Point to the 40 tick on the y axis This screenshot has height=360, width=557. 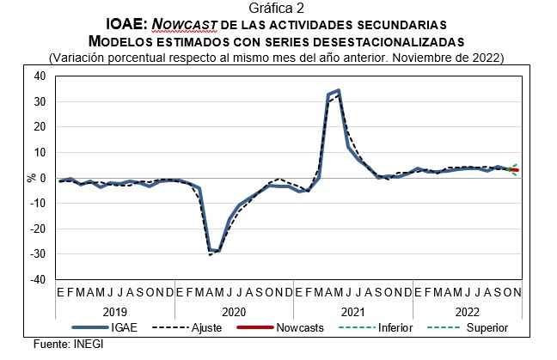[40, 76]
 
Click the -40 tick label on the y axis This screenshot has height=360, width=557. [37, 279]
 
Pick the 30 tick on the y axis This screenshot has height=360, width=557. [40, 101]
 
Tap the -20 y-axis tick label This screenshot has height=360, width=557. [37, 229]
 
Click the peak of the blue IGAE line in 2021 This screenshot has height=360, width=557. [339, 90]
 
